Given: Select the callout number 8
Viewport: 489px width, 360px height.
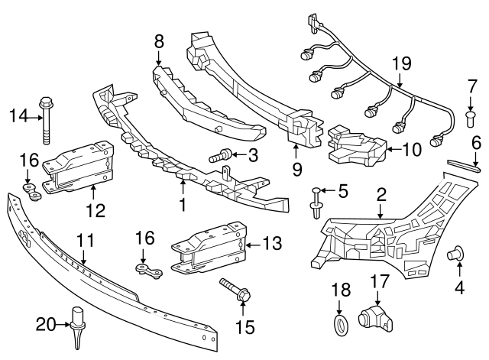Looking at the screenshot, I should coord(159,41).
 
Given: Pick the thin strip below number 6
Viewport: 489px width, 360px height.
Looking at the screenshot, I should coord(464,167).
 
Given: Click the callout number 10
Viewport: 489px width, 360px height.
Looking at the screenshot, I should coord(411,151).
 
